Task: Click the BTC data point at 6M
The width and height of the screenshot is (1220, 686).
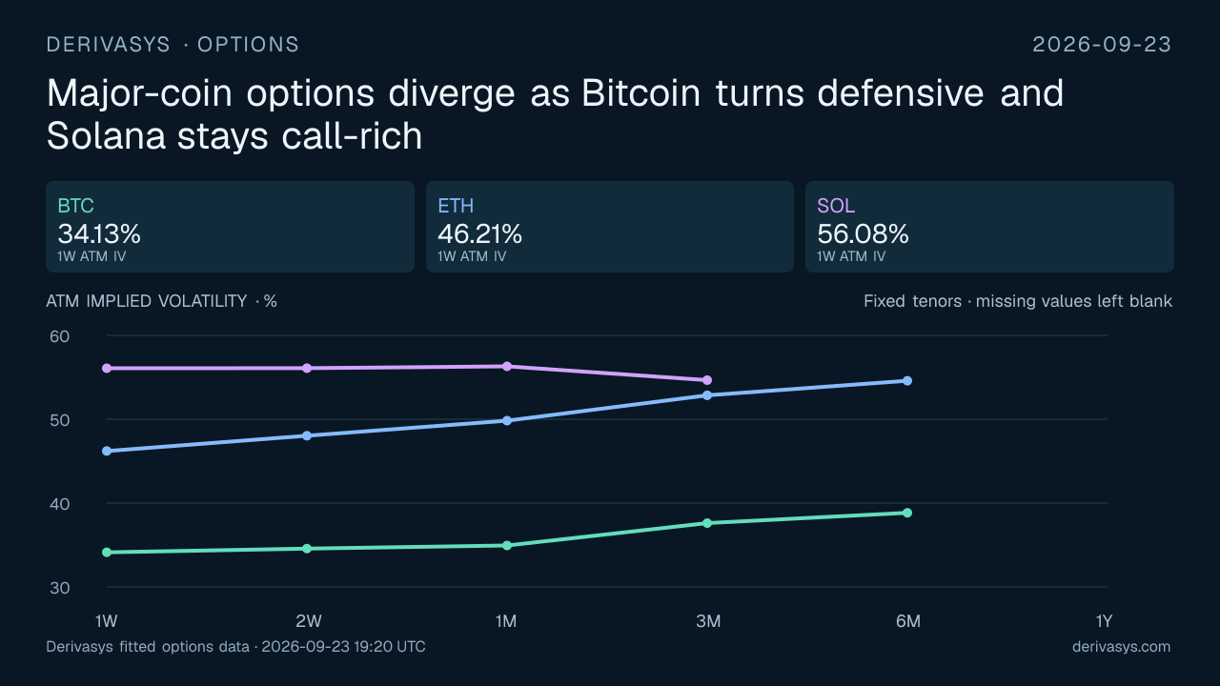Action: click(906, 513)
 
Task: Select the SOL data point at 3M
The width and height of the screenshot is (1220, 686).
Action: click(707, 380)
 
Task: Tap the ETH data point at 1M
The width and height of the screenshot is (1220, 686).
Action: click(507, 421)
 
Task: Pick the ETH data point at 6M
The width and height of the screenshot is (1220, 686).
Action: click(906, 381)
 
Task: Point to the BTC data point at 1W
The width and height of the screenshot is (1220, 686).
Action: click(107, 552)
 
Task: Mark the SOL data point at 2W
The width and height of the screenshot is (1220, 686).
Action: click(307, 368)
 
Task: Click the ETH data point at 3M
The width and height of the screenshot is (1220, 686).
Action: click(707, 395)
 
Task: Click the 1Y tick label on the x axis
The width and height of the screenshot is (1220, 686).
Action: click(1104, 621)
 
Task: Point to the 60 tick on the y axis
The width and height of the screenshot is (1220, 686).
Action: click(59, 336)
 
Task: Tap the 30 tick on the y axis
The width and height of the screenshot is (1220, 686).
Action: click(59, 588)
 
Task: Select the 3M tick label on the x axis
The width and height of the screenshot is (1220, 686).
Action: click(708, 621)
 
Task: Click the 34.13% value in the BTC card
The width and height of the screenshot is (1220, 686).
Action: click(99, 234)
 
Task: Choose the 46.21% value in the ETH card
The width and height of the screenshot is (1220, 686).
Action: click(479, 234)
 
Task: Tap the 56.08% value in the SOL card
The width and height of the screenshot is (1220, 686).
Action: click(863, 234)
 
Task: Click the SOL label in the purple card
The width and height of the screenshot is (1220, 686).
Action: click(836, 206)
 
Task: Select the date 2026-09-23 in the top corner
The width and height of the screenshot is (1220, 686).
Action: click(1102, 45)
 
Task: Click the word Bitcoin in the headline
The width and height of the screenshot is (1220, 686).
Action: click(640, 93)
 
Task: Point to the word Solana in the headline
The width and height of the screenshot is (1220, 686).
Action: click(106, 135)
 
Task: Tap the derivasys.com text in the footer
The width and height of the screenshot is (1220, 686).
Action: click(1122, 647)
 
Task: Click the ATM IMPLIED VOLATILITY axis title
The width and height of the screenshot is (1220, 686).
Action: click(147, 301)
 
